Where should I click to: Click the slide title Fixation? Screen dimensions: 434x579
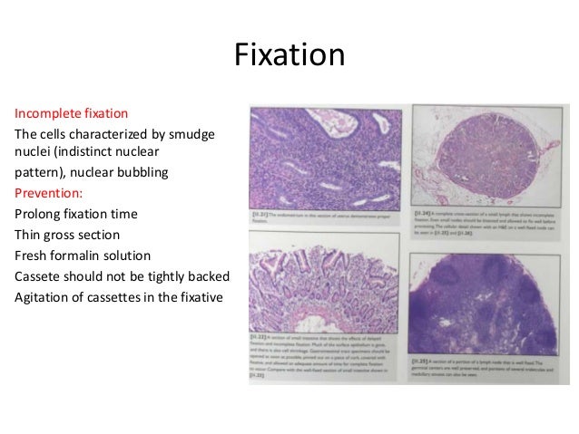point(289,55)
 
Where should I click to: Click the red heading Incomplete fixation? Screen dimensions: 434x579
point(71,114)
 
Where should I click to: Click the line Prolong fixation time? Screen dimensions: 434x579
point(76,214)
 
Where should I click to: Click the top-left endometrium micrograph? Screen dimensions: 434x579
point(324,159)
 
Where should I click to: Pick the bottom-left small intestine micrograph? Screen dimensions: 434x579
point(324,283)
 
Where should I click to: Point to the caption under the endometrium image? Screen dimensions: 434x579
point(324,218)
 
